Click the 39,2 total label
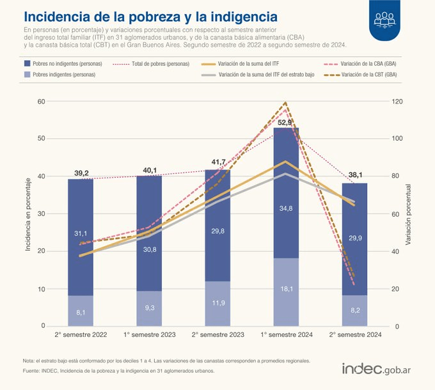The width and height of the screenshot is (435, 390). coord(81,173)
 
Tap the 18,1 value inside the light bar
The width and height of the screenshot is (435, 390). coord(285,289)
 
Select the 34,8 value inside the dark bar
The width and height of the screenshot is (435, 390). coord(285,208)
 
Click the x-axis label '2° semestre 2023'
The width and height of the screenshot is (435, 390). coord(217,335)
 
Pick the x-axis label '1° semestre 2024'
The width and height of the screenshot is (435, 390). coord(286,335)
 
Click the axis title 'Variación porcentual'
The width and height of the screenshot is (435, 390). coord(407,214)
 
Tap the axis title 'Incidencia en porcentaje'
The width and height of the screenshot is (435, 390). coord(28,214)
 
